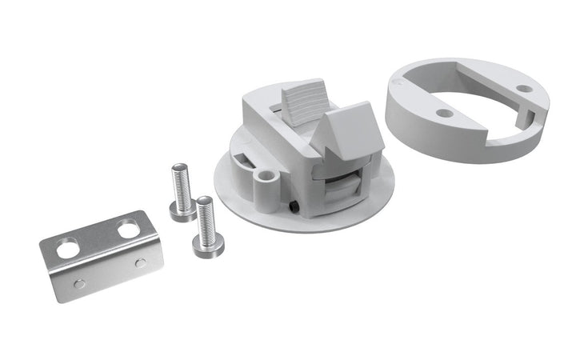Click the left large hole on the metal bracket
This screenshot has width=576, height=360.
(x=69, y=249)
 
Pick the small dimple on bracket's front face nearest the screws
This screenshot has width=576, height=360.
(x=141, y=262)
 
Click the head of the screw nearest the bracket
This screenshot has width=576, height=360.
(x=208, y=246)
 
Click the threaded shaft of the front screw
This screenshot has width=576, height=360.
(x=206, y=217)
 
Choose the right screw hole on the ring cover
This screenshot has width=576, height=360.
(x=523, y=89)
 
